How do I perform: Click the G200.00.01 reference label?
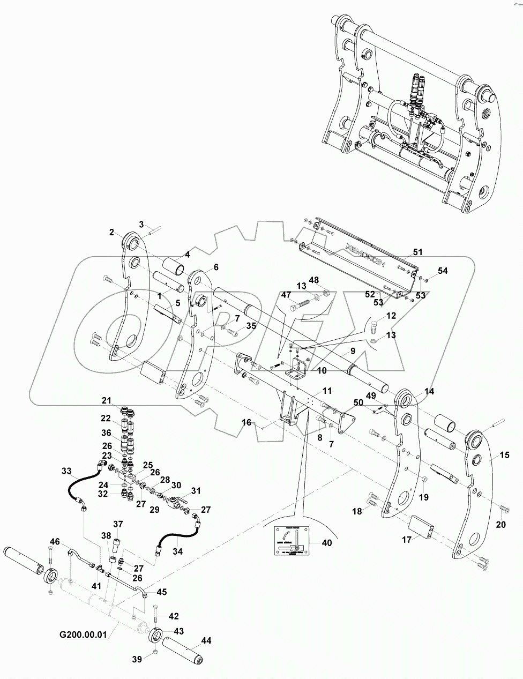tap(83, 635)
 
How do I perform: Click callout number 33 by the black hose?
tap(66, 472)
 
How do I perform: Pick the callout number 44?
tap(206, 641)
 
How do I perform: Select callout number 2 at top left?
tap(112, 232)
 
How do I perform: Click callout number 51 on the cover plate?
tap(418, 251)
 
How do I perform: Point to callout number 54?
tap(442, 271)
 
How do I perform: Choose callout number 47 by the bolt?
tap(287, 295)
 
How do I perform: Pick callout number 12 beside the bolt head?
tap(391, 316)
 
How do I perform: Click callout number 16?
tap(246, 423)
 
